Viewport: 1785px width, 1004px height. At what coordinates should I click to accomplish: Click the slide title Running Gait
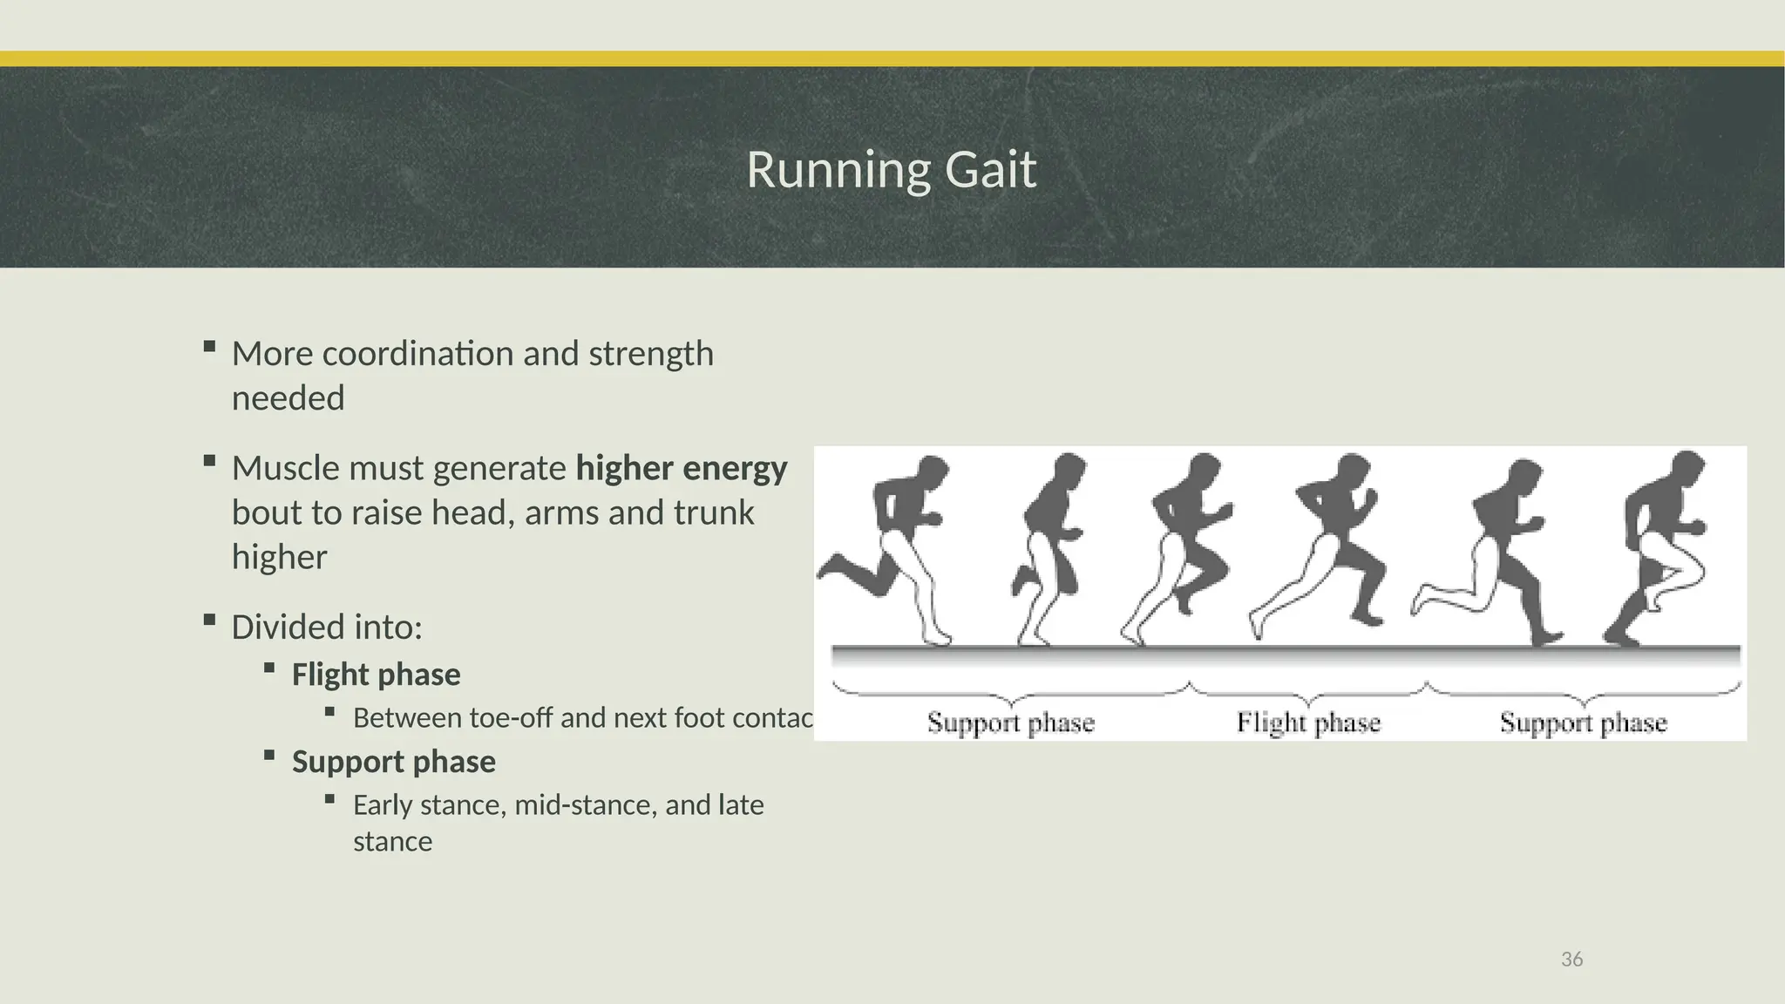[x=891, y=169]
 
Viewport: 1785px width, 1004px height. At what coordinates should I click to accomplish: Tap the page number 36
[x=1571, y=960]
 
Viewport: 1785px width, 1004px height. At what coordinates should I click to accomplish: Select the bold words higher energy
[x=682, y=469]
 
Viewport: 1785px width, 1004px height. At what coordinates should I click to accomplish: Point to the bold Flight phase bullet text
[x=376, y=675]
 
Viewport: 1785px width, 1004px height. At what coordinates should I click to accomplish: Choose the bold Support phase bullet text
[x=393, y=762]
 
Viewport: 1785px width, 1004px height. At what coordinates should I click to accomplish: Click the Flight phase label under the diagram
[x=1307, y=722]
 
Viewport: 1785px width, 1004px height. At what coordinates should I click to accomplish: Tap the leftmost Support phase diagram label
[x=1010, y=722]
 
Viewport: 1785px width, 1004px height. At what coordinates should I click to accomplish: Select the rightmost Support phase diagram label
[x=1583, y=722]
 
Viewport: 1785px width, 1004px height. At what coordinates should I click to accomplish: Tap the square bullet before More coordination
[x=208, y=347]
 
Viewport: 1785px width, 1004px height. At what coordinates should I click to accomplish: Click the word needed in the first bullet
[x=288, y=398]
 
